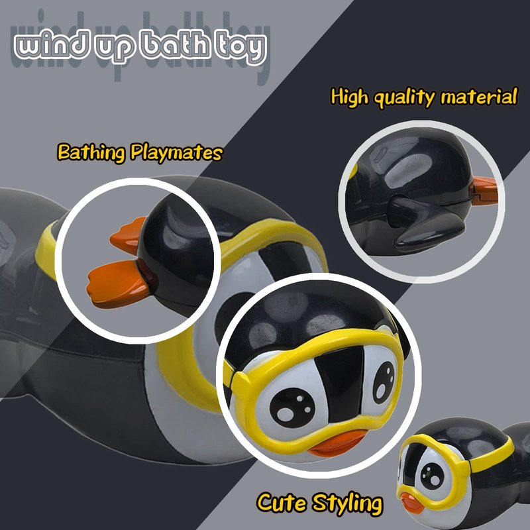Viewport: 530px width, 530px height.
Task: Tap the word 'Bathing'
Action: [x=91, y=152]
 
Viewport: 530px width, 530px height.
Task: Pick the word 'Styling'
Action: [x=347, y=503]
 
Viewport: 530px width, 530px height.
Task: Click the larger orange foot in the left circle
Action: [x=118, y=284]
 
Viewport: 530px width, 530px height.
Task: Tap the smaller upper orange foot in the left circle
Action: [x=128, y=235]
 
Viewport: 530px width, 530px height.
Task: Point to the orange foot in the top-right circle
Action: [x=485, y=191]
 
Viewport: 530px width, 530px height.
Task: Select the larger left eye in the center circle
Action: [x=292, y=408]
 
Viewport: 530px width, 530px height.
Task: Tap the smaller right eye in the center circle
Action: [x=384, y=382]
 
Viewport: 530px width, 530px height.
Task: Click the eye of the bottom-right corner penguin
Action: [x=433, y=476]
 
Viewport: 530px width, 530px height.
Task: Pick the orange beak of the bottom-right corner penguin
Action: [x=411, y=503]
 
